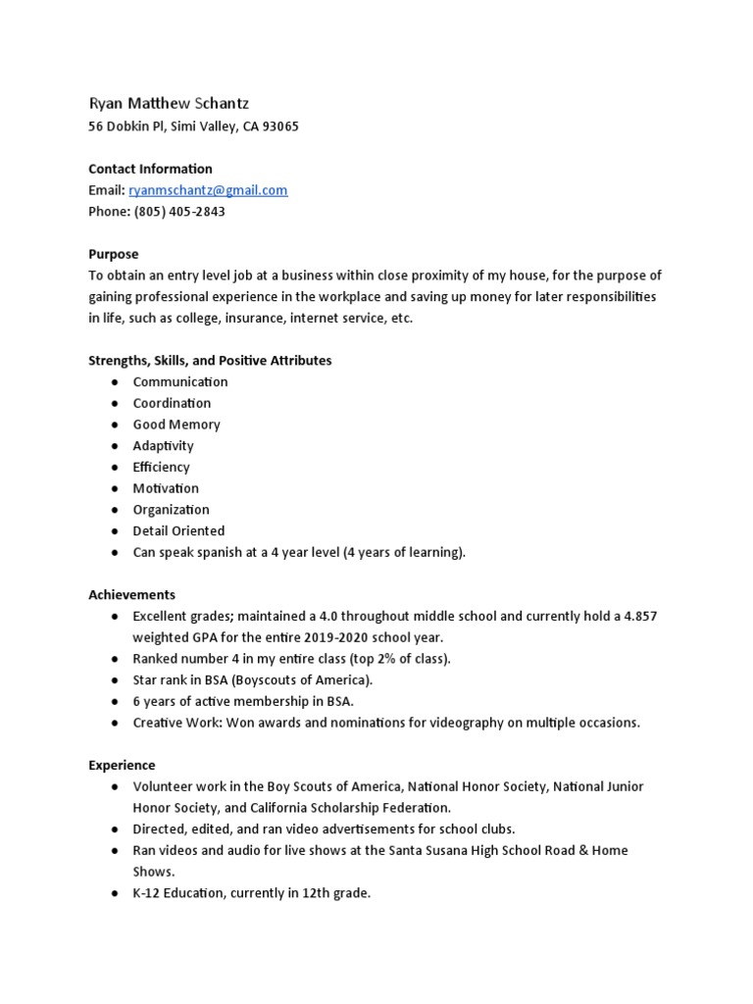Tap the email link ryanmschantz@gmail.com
point(208,190)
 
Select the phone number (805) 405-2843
point(178,212)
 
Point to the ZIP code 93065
point(279,126)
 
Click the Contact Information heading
point(150,169)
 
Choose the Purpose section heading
point(114,254)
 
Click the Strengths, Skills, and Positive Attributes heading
point(210,361)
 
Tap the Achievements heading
point(131,595)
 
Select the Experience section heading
point(122,765)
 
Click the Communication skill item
point(180,382)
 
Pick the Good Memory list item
point(176,425)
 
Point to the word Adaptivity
point(164,446)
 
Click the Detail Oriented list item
point(178,531)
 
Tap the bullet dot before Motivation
point(115,488)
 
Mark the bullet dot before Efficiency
point(115,468)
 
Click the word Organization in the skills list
point(172,510)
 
